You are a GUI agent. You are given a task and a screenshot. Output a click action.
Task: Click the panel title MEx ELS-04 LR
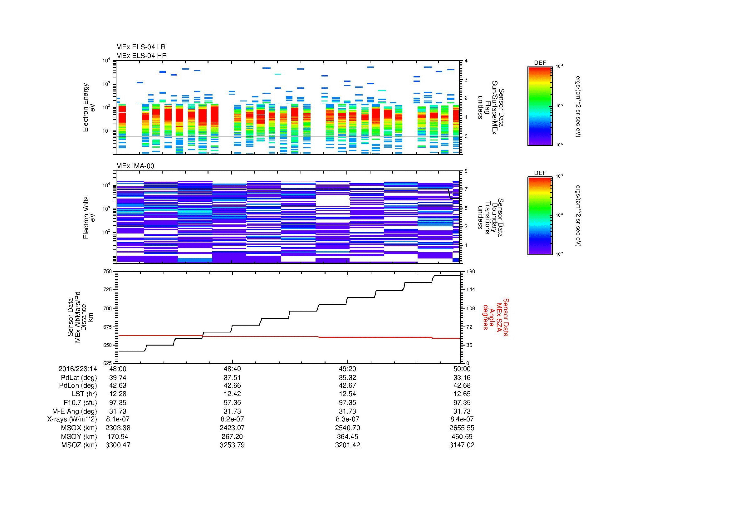[x=140, y=47]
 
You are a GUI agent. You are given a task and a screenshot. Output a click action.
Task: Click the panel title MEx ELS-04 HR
[x=141, y=56]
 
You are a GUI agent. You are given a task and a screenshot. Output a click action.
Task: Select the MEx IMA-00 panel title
[x=135, y=166]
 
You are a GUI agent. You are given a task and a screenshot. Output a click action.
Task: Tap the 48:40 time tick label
[x=232, y=369]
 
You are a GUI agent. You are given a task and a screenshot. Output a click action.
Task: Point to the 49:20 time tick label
[x=347, y=369]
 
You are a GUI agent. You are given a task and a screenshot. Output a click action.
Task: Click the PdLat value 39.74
[x=118, y=377]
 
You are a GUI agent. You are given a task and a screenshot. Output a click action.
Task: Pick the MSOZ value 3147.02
[x=462, y=445]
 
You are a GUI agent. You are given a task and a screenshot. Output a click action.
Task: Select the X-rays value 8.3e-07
[x=347, y=419]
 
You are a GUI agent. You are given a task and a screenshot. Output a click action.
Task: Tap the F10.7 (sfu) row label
[x=80, y=402]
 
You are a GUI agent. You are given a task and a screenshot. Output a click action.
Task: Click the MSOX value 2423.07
[x=232, y=428]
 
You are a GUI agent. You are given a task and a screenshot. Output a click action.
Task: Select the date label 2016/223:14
[x=78, y=369]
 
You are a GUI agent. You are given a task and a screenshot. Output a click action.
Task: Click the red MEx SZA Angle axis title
[x=495, y=317]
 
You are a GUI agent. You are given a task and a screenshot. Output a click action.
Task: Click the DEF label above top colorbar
[x=540, y=63]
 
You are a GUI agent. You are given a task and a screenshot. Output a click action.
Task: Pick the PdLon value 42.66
[x=232, y=386]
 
